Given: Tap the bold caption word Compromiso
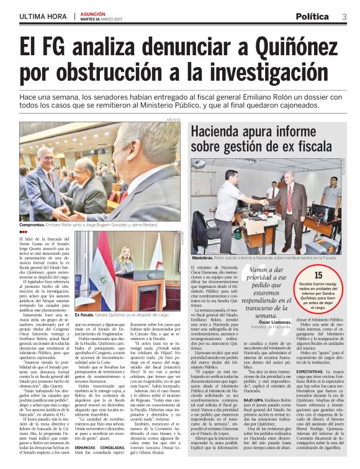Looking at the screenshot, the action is click(x=34, y=225).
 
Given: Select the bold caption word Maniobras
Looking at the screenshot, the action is click(x=203, y=256).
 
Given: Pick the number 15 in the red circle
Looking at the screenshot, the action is click(x=318, y=275).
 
